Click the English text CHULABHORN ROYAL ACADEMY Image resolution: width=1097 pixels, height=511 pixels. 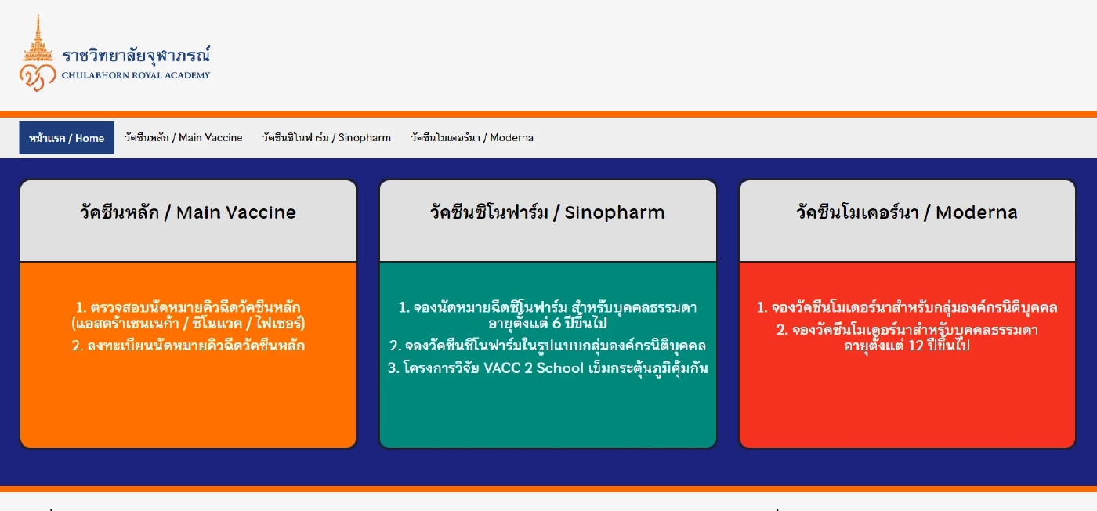pyautogui.click(x=136, y=76)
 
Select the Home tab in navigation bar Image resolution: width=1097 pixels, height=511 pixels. pyautogui.click(x=67, y=138)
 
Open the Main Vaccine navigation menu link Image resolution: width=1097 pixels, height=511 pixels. pyautogui.click(x=183, y=138)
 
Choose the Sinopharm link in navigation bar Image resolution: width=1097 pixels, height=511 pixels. pyautogui.click(x=327, y=138)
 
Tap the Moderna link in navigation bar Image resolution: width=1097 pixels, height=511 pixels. pyautogui.click(x=472, y=138)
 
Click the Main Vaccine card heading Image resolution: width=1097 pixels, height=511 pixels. pyautogui.click(x=188, y=212)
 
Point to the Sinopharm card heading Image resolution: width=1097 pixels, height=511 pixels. pyautogui.click(x=547, y=212)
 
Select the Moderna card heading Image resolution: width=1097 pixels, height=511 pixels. pyautogui.click(x=907, y=212)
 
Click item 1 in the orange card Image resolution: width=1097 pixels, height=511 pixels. pyautogui.click(x=188, y=315)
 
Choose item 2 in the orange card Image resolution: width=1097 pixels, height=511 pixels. pyautogui.click(x=188, y=346)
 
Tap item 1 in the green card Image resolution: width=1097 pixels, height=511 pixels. pyautogui.click(x=548, y=315)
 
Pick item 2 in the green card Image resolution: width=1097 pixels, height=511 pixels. pyautogui.click(x=548, y=346)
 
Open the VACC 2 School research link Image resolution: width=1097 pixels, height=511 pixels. pyautogui.click(x=548, y=368)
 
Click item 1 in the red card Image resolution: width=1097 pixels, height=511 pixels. pyautogui.click(x=907, y=307)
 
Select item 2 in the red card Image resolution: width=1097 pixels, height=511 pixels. pyautogui.click(x=907, y=338)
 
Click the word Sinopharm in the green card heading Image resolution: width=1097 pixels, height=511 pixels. pyautogui.click(x=614, y=212)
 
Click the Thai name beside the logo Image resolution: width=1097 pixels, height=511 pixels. pyautogui.click(x=136, y=56)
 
